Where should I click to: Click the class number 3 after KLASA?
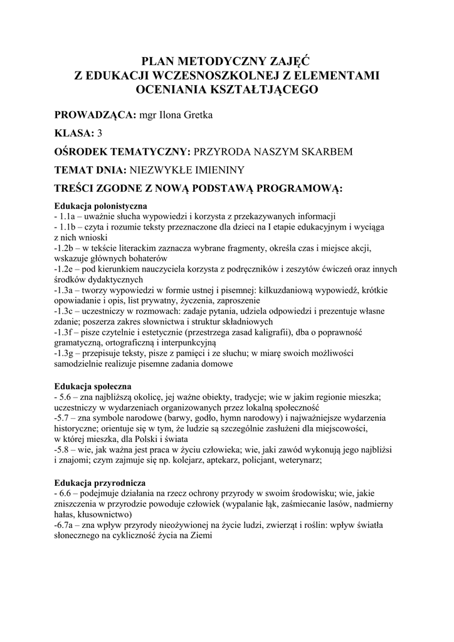100,134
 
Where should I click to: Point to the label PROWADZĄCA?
95,116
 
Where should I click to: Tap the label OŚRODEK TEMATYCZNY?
122,152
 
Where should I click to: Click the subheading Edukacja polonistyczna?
100,206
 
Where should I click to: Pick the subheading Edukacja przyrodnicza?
100,483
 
